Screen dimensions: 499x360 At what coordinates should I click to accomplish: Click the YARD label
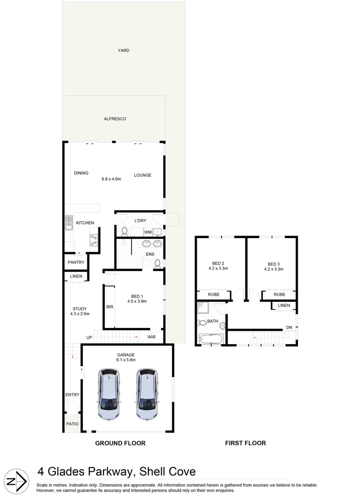click(x=123, y=50)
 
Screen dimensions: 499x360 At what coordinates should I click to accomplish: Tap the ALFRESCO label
click(x=115, y=119)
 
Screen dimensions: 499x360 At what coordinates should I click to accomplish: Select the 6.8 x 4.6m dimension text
click(x=111, y=179)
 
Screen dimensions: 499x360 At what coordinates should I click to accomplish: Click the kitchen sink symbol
click(x=69, y=223)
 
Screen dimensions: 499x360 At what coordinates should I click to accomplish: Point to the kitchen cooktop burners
click(x=94, y=239)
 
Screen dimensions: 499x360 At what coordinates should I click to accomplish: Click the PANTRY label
click(x=76, y=262)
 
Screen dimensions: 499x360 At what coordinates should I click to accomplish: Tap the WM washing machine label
click(x=148, y=232)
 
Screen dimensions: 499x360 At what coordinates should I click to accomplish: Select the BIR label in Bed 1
click(x=110, y=306)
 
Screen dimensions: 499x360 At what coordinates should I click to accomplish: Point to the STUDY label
click(x=79, y=309)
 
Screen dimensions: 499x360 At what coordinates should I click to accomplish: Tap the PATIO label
click(x=73, y=424)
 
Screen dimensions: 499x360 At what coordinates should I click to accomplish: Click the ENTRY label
click(x=73, y=395)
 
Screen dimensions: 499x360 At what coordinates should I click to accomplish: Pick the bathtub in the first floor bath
click(x=211, y=339)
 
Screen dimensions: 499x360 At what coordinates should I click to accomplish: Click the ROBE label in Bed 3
click(x=279, y=294)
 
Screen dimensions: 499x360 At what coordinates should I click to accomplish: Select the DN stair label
click(x=289, y=328)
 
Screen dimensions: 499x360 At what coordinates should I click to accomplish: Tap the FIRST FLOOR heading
click(x=245, y=443)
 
